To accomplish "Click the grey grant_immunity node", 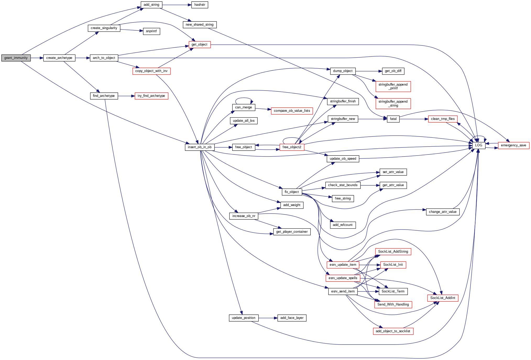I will point(16,58).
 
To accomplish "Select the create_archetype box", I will point(59,58).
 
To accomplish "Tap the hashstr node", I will point(200,5).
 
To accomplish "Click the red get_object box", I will point(199,45).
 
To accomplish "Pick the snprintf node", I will point(151,31).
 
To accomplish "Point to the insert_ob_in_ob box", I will point(200,147).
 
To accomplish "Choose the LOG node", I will point(479,145).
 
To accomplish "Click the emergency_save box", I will point(513,145).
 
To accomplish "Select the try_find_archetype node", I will point(151,96).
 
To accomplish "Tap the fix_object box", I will point(292,192).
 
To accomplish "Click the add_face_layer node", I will point(292,318).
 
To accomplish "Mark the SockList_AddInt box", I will point(443,298).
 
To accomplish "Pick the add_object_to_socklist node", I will point(393,331).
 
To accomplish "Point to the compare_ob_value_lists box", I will point(292,111).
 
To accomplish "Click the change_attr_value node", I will point(443,212).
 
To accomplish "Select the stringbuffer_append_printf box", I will point(393,86).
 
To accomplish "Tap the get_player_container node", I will point(292,232).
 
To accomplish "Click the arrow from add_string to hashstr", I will point(177,5).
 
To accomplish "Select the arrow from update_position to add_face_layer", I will point(268,318).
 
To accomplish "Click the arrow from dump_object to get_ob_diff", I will point(367,71).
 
